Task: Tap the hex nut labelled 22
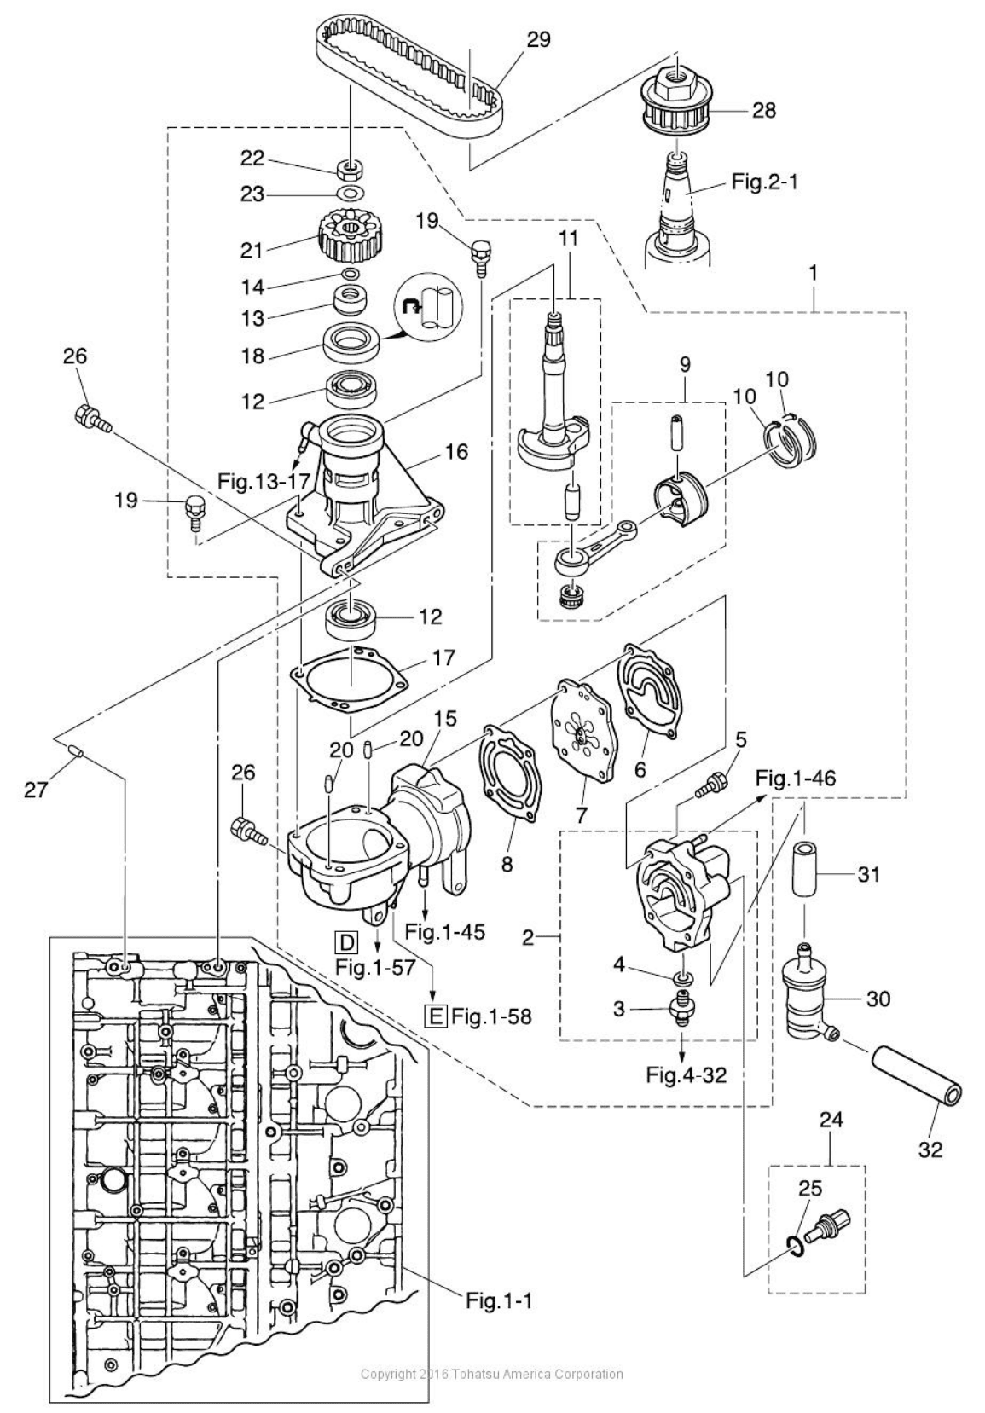click(x=346, y=165)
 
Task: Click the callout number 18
click(x=252, y=356)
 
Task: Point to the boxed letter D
click(x=346, y=942)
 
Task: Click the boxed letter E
click(x=436, y=1016)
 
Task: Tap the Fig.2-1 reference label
click(x=765, y=182)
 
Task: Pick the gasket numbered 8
click(x=508, y=770)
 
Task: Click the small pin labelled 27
click(x=76, y=751)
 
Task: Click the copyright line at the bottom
click(x=492, y=1374)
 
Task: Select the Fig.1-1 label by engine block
click(x=499, y=1301)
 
